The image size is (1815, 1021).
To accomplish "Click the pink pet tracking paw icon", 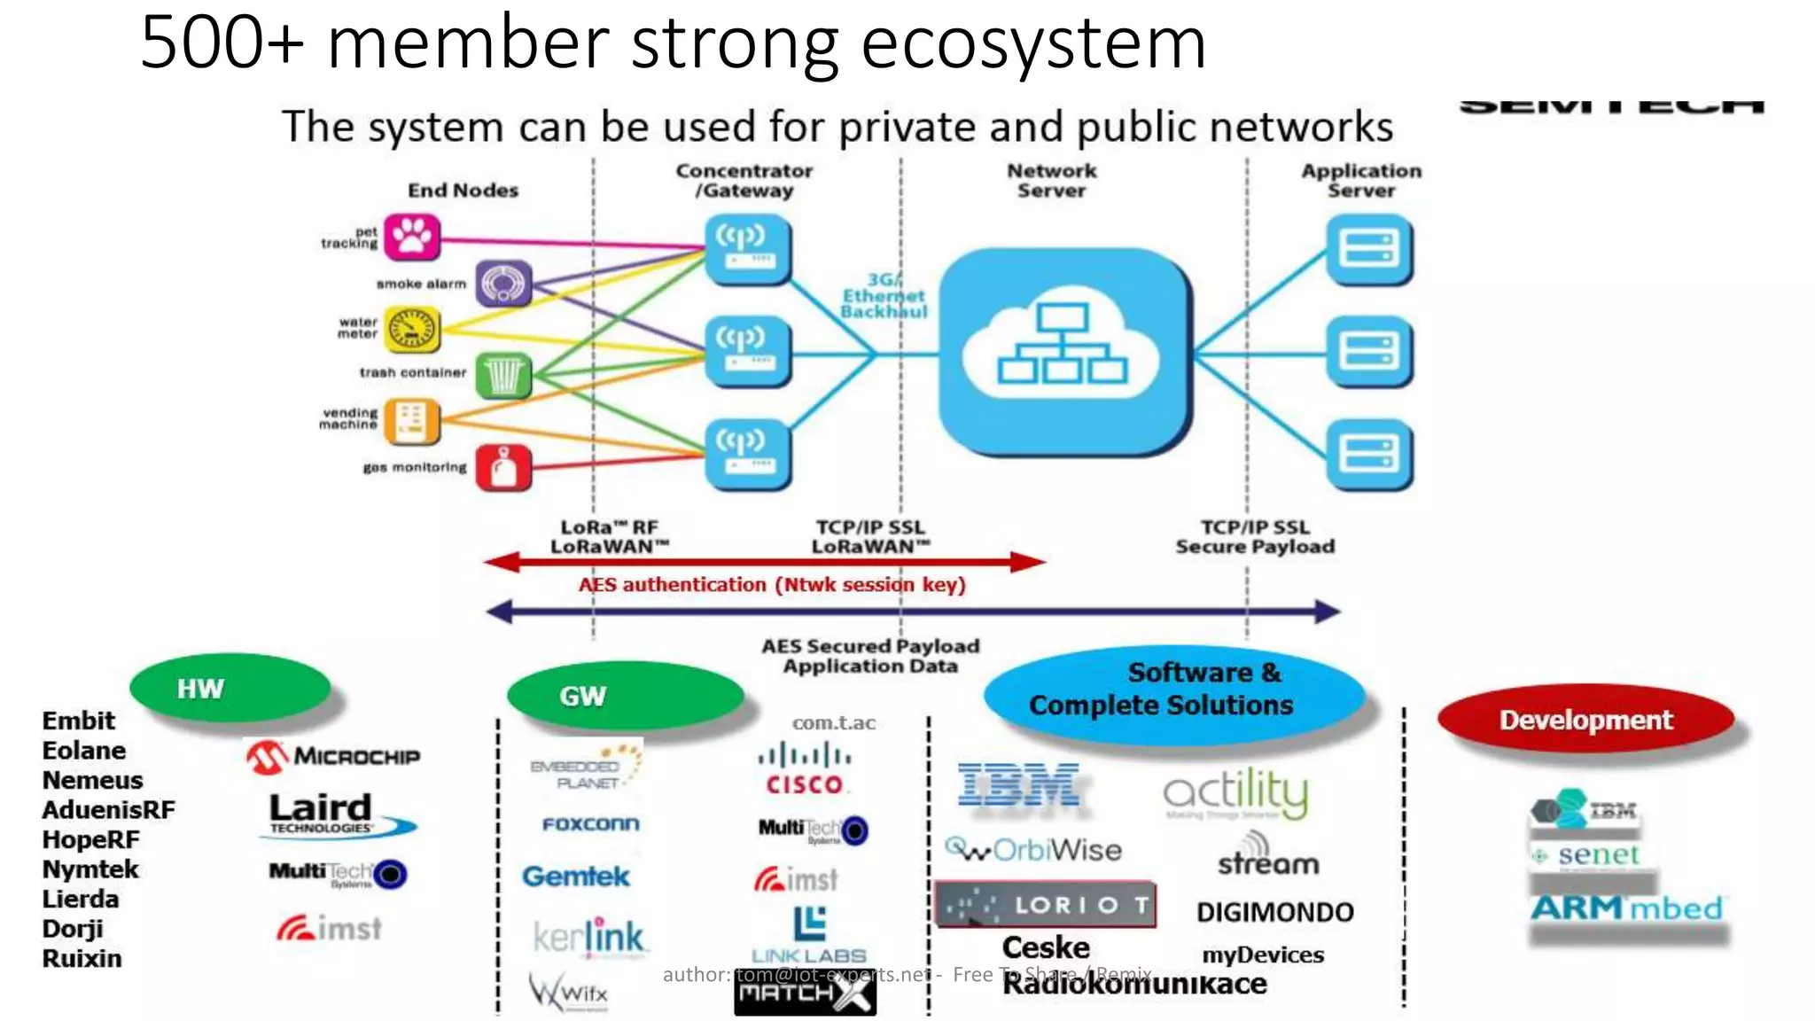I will pyautogui.click(x=412, y=237).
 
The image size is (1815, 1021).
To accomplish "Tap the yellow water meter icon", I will pyautogui.click(x=412, y=330).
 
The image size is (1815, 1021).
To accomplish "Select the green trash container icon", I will pyautogui.click(x=503, y=375).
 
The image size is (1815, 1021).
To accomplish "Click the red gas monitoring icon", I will pyautogui.click(x=503, y=467).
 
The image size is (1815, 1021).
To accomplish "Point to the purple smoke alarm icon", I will pyautogui.click(x=503, y=284).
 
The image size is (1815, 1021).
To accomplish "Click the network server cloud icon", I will pyautogui.click(x=1063, y=352).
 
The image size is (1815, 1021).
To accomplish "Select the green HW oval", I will pyautogui.click(x=230, y=688).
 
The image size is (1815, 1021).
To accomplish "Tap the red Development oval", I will pyautogui.click(x=1585, y=720).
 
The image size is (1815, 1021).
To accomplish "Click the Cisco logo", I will pyautogui.click(x=805, y=769).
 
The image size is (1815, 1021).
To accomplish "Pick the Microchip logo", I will pyautogui.click(x=333, y=757).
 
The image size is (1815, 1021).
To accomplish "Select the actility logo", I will pyautogui.click(x=1235, y=793).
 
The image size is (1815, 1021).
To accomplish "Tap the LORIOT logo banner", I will pyautogui.click(x=1046, y=905).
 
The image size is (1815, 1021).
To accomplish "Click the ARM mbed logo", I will pyautogui.click(x=1627, y=908).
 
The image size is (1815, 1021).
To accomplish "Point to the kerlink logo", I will pyautogui.click(x=588, y=937).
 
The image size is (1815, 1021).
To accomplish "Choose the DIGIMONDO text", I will pyautogui.click(x=1274, y=912).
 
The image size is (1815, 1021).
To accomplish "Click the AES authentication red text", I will pyautogui.click(x=771, y=585).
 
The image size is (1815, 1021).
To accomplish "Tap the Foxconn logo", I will pyautogui.click(x=590, y=824).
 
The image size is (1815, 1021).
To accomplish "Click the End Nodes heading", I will pyautogui.click(x=463, y=190).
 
